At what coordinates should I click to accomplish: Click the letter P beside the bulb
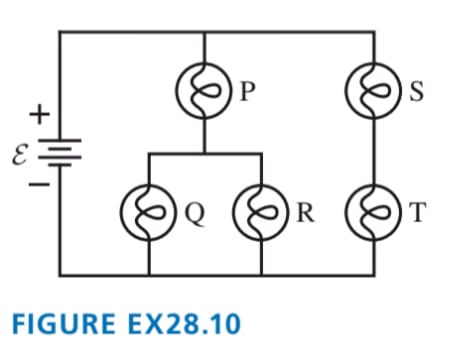(x=247, y=91)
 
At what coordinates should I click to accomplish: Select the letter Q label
(x=194, y=214)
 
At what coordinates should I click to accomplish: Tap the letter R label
(x=305, y=212)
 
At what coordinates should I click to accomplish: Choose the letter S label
(x=417, y=91)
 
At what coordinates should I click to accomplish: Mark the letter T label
(x=418, y=212)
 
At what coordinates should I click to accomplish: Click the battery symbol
(x=60, y=153)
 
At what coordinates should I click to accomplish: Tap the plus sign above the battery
(x=40, y=114)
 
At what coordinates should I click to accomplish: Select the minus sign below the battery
(x=39, y=184)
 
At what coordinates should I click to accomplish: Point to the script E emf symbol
(x=19, y=156)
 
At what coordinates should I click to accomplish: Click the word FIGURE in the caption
(x=63, y=323)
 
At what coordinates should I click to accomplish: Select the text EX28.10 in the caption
(x=184, y=323)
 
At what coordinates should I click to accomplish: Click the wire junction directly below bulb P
(x=204, y=154)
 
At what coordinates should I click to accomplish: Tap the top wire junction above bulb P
(x=204, y=32)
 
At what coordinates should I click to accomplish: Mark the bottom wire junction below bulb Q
(x=149, y=275)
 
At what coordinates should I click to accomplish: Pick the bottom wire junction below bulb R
(x=261, y=275)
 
